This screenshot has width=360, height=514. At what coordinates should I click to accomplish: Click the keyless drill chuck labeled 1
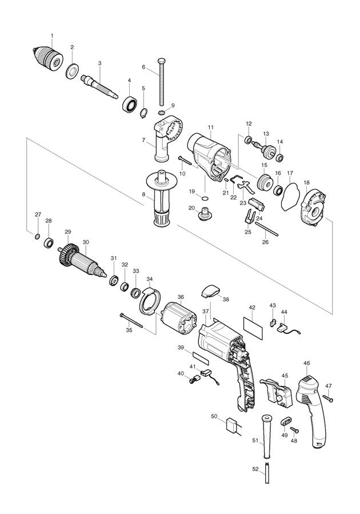[47, 58]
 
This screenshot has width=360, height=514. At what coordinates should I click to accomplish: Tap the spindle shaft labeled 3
[100, 86]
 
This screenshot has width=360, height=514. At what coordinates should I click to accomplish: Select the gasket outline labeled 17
[290, 196]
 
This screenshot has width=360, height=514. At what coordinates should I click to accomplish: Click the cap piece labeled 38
[209, 291]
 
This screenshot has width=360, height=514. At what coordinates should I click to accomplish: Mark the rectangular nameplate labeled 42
[254, 328]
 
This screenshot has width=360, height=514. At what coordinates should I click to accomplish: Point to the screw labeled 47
[328, 399]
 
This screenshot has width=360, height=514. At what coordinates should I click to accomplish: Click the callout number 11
[210, 126]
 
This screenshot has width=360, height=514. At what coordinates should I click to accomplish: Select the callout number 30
[86, 242]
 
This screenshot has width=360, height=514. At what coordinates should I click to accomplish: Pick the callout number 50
[214, 416]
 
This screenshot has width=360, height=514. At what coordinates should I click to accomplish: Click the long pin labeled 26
[267, 229]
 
